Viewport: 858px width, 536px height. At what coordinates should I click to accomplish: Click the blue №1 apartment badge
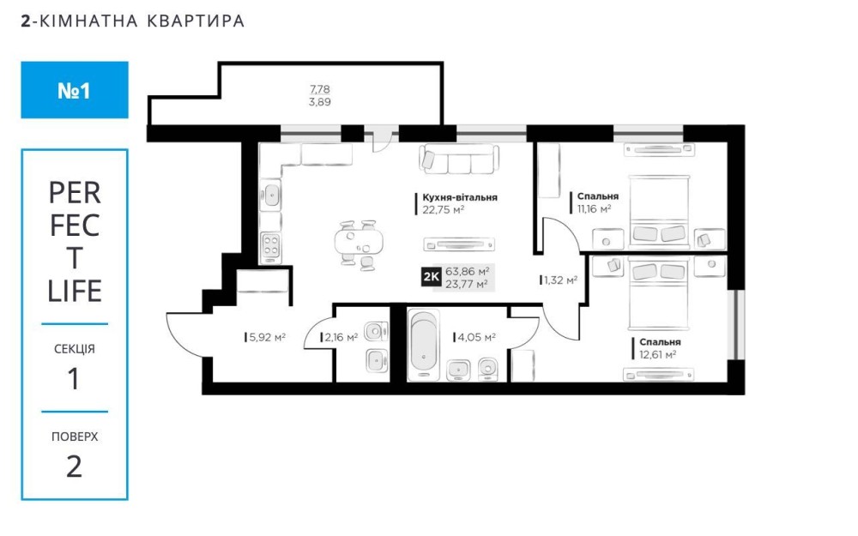pyautogui.click(x=75, y=89)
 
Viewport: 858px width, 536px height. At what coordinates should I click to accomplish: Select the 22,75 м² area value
pyautogui.click(x=443, y=208)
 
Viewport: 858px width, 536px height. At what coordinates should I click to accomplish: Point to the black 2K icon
pyautogui.click(x=431, y=276)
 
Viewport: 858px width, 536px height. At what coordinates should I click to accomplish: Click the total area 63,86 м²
pyautogui.click(x=468, y=271)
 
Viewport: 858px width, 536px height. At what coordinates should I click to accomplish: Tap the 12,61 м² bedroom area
pyautogui.click(x=657, y=353)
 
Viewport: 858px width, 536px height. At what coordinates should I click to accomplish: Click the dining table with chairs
pyautogui.click(x=358, y=244)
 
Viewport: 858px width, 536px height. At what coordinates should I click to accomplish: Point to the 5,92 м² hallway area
pyautogui.click(x=266, y=338)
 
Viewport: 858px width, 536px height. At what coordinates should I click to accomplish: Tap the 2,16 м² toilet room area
pyautogui.click(x=340, y=338)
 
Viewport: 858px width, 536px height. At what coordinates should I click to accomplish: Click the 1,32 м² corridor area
pyautogui.click(x=559, y=280)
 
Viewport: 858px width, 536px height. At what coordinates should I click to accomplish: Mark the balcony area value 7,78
pyautogui.click(x=320, y=89)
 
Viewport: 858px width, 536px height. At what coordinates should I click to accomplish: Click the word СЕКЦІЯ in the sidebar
pyautogui.click(x=75, y=350)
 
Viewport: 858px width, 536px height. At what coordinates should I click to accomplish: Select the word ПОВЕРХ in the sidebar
pyautogui.click(x=75, y=437)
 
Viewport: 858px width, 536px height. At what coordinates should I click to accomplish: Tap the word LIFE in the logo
pyautogui.click(x=75, y=292)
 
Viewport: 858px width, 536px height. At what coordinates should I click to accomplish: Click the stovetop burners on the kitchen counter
pyautogui.click(x=270, y=246)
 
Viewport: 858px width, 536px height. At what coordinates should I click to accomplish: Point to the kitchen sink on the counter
pyautogui.click(x=270, y=194)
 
